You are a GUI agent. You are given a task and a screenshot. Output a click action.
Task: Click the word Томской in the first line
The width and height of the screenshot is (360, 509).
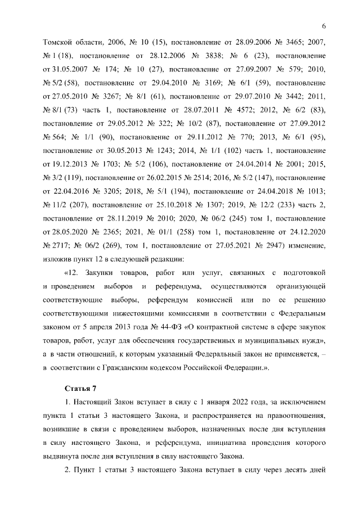[x=57, y=43]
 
